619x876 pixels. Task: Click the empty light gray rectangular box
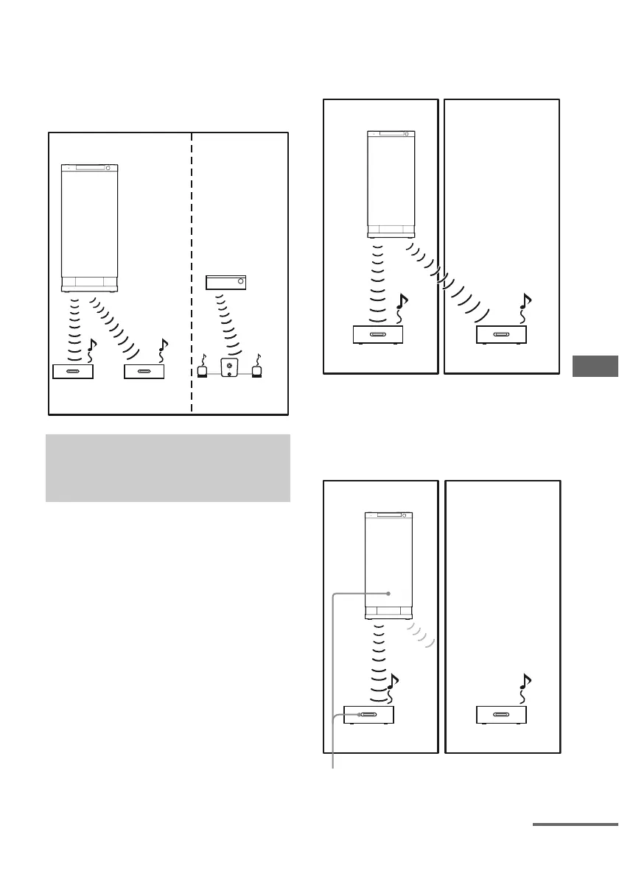[167, 468]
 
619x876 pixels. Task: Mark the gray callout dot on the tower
[388, 592]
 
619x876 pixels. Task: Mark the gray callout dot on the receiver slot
[359, 714]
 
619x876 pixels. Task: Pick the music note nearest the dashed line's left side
[164, 346]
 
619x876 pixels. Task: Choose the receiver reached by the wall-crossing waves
[500, 335]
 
